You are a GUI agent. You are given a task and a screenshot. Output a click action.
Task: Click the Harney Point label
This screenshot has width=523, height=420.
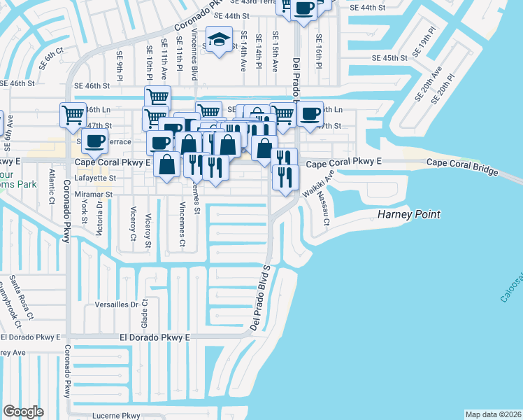coord(410,214)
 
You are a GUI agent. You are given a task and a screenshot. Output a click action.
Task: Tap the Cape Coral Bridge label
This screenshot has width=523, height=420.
coord(462,167)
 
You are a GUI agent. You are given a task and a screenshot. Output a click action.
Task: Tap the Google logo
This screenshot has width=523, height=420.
coord(24,411)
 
